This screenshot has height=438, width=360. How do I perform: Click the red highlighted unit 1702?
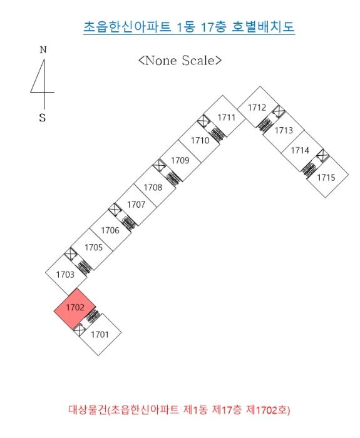click(75, 308)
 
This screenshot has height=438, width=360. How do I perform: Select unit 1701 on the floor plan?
click(100, 334)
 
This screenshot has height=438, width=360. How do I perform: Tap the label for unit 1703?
click(65, 275)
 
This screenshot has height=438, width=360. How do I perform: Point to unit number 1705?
click(94, 248)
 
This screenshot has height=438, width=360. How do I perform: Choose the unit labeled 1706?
click(110, 230)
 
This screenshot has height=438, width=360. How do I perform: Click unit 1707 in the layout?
click(136, 205)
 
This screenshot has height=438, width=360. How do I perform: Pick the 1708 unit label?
click(153, 187)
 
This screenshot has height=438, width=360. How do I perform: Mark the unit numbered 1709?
click(180, 160)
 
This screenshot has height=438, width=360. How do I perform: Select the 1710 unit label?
click(200, 140)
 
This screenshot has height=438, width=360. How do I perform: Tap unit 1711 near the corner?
click(227, 118)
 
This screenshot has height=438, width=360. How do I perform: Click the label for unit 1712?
click(257, 108)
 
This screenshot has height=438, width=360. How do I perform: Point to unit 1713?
click(284, 130)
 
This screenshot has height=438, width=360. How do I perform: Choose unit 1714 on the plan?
click(300, 151)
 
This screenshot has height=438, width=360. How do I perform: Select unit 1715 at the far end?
click(326, 177)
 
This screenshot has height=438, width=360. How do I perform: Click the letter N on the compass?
click(43, 49)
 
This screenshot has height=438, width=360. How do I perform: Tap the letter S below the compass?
click(42, 118)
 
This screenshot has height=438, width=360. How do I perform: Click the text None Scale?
click(180, 60)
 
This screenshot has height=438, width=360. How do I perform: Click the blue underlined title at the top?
click(189, 27)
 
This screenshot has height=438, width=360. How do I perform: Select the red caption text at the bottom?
click(179, 410)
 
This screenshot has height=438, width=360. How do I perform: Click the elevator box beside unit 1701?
click(80, 330)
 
